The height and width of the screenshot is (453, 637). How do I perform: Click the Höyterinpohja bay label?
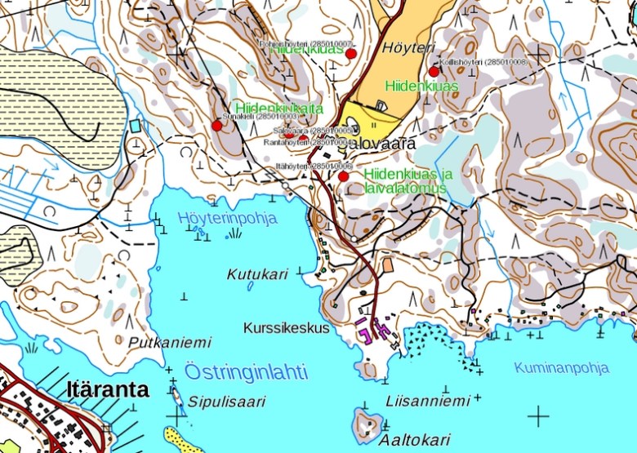click(x=228, y=218)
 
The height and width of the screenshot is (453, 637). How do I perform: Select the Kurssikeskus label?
click(x=286, y=327)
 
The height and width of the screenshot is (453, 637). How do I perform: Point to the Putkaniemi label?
click(x=170, y=342)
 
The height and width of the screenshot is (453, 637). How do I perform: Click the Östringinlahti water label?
click(x=246, y=372)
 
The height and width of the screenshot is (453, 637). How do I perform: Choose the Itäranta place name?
click(x=107, y=389)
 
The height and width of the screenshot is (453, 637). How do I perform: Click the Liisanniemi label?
click(x=427, y=401)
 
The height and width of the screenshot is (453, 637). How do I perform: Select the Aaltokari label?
click(x=420, y=439)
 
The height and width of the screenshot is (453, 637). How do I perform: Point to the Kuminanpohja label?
click(x=561, y=367)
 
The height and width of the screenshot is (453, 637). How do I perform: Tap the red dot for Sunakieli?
click(x=216, y=125)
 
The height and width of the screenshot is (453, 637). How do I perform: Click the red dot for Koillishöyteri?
click(x=434, y=71)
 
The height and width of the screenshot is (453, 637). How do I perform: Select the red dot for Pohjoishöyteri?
click(x=351, y=54)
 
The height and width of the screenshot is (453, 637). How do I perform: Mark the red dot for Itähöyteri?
click(x=343, y=175)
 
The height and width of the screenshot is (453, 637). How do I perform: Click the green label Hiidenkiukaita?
click(x=278, y=108)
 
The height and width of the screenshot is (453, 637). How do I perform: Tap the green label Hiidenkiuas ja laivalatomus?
click(x=408, y=181)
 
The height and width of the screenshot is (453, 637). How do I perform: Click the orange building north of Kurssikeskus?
click(x=387, y=265)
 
